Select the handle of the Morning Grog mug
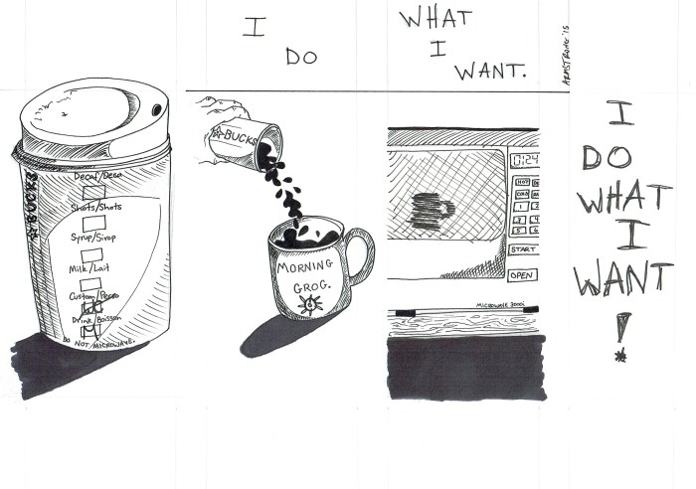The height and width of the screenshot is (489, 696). (359, 256)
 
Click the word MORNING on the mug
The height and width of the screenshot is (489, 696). (306, 268)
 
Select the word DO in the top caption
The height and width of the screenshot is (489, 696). (300, 57)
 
